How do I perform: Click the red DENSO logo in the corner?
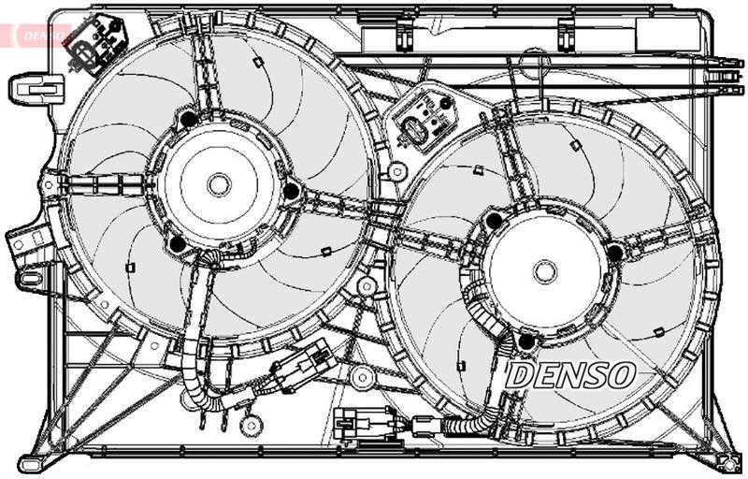tap(33, 34)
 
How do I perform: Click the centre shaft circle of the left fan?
tap(219, 184)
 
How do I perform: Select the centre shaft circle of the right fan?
tap(545, 272)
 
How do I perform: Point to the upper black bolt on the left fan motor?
tap(189, 119)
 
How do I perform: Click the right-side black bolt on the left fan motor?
tap(291, 192)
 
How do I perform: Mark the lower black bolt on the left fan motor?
tap(178, 245)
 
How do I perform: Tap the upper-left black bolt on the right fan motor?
tap(494, 221)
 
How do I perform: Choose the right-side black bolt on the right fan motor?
tap(614, 253)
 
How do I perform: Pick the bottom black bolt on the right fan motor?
tap(525, 341)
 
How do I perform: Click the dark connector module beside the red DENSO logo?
tap(93, 43)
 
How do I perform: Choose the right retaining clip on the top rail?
tap(567, 34)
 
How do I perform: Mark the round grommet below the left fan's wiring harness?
tap(250, 425)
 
